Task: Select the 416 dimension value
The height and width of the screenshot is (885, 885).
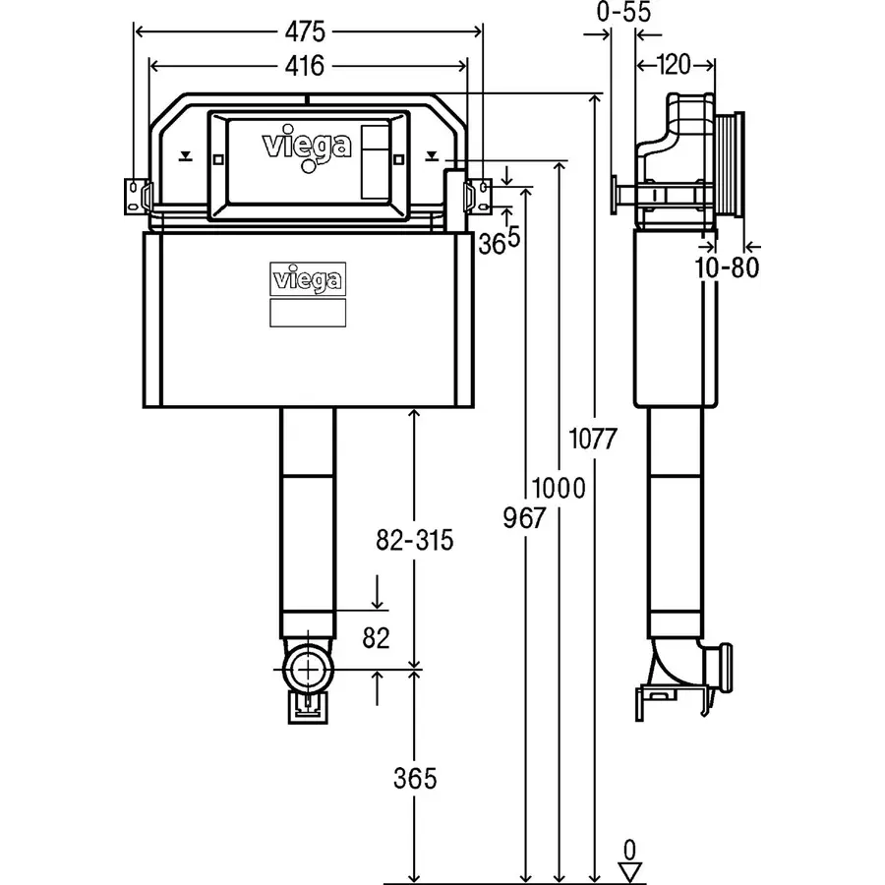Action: point(308,67)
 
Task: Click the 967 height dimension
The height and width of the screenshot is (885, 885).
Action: point(522,518)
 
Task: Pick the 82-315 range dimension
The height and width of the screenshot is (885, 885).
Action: point(414,540)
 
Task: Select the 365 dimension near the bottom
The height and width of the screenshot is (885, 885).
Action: point(414,778)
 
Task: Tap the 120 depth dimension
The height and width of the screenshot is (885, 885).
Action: point(674,66)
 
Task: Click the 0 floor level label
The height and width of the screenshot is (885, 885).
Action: point(628,848)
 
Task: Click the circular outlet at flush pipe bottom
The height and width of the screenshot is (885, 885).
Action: point(308,673)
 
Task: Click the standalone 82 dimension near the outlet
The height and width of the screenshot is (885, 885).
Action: point(377,638)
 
